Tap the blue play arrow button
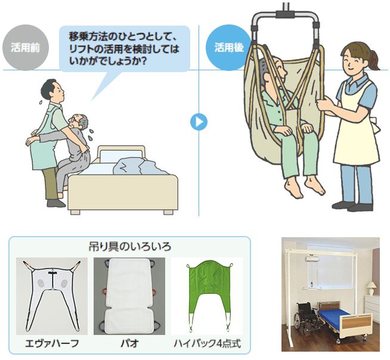coord(199,122)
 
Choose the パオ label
coord(129,344)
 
